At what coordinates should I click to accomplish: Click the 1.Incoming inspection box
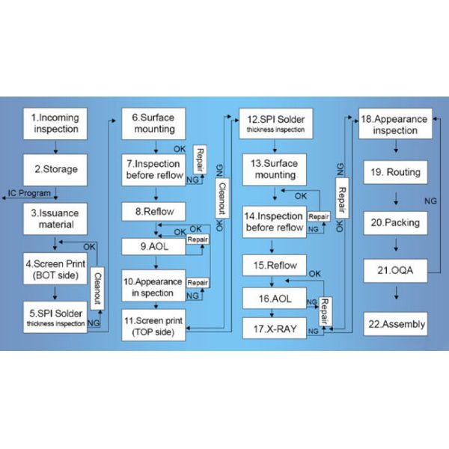point(55,123)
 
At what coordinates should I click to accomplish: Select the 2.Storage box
point(55,170)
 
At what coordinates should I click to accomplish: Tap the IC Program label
point(29,193)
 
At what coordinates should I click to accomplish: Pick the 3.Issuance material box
point(55,219)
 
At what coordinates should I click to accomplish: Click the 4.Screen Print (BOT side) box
point(55,269)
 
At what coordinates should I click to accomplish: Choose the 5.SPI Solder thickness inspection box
point(55,317)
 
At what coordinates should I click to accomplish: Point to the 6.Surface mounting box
point(153,123)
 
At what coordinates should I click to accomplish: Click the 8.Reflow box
point(153,212)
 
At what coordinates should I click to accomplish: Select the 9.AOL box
point(153,246)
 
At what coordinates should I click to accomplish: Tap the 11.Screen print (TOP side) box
point(153,326)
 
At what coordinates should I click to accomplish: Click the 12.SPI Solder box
point(275,123)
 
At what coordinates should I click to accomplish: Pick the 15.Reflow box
point(275,265)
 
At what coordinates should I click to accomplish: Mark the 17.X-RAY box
point(275,329)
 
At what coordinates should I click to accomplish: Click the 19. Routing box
point(395,172)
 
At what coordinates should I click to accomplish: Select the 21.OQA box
point(395,271)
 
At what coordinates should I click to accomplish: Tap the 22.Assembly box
point(395,324)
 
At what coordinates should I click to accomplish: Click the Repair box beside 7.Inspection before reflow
point(200,159)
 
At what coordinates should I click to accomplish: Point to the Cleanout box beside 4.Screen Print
point(97,288)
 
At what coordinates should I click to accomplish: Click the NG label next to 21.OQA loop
point(430,201)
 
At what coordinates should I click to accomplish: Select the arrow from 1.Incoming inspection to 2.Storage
point(55,147)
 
